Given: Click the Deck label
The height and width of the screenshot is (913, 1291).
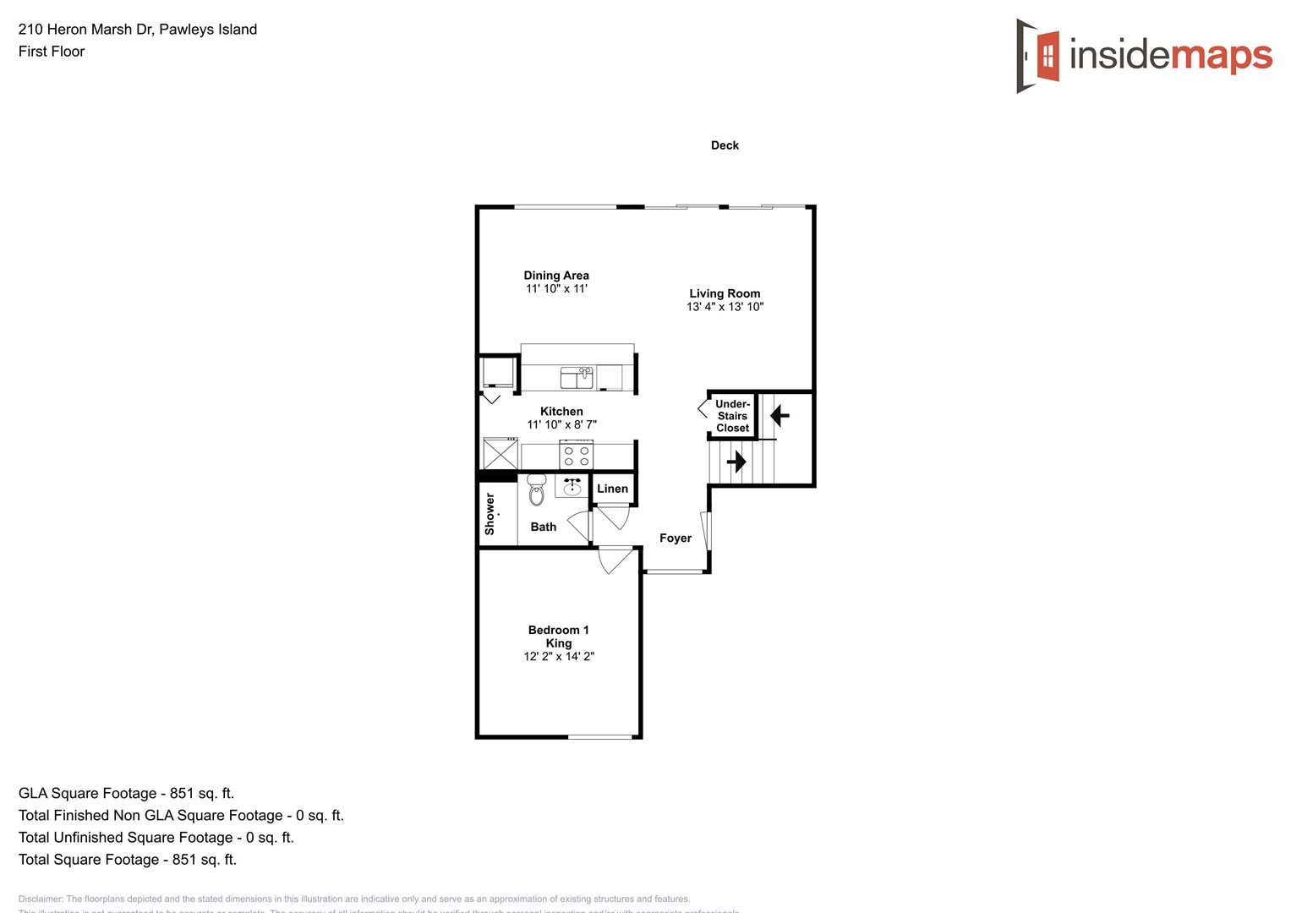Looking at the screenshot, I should tap(725, 145).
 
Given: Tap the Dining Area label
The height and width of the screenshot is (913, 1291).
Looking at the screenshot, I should tap(556, 276).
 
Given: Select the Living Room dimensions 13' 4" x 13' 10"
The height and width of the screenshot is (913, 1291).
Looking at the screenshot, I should tap(725, 307).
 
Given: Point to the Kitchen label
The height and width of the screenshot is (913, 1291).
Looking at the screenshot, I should tap(561, 412).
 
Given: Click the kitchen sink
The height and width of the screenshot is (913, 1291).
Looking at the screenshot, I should tap(577, 377).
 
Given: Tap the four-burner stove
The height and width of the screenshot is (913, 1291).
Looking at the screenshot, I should tap(577, 456).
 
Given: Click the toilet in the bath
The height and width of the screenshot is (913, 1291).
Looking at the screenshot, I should tap(536, 490).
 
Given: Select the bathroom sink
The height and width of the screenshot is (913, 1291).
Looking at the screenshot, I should tap(572, 486).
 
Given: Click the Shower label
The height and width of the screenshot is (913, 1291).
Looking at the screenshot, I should tap(490, 514).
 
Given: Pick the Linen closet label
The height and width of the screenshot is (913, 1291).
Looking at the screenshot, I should tap(612, 489).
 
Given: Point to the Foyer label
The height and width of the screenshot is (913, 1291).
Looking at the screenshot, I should tap(676, 539).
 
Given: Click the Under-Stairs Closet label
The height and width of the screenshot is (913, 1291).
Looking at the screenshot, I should tap(732, 416).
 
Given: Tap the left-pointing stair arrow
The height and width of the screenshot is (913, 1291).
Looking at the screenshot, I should tap(780, 416).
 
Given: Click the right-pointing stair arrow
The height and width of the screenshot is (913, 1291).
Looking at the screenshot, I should tap(736, 462).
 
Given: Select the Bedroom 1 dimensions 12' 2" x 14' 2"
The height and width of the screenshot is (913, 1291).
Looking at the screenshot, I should tap(559, 657).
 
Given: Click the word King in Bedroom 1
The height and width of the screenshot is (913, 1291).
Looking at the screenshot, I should tap(559, 643).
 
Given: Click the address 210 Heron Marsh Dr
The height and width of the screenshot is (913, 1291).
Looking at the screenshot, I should tap(85, 30).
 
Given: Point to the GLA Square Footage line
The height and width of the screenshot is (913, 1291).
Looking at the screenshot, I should tap(126, 794).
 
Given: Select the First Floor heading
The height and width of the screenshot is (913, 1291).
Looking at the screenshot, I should tap(52, 52).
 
